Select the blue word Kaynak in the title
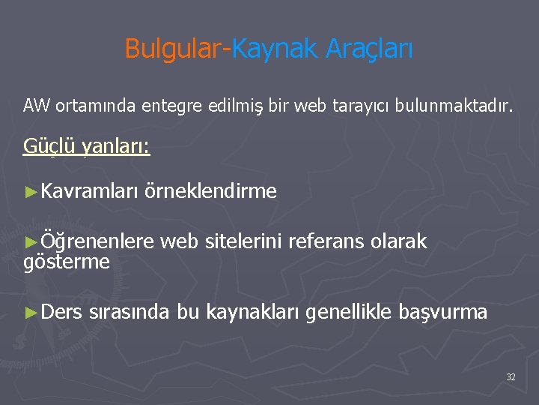pyautogui.click(x=275, y=49)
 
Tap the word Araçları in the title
pyautogui.click(x=369, y=49)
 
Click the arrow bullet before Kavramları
pyautogui.click(x=31, y=192)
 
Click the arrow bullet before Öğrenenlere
pyautogui.click(x=31, y=241)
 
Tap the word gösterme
pyautogui.click(x=67, y=262)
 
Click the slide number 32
pyautogui.click(x=511, y=377)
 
